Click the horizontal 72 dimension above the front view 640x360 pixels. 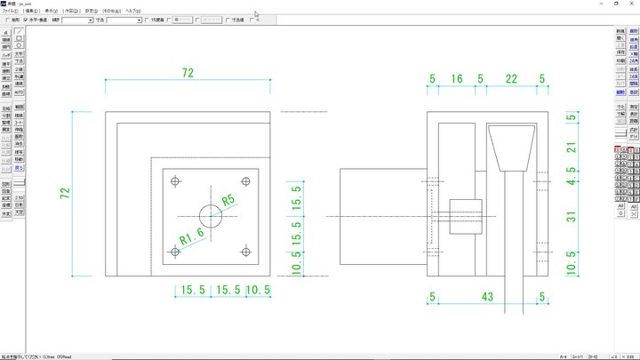coord(188,73)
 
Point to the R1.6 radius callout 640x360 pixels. coord(192,236)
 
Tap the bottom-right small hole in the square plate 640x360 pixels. coord(245,252)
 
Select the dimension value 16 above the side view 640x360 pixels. coord(457,79)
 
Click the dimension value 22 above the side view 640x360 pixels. coord(510,79)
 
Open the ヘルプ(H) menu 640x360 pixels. coord(132,10)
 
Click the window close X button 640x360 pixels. coord(630,4)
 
